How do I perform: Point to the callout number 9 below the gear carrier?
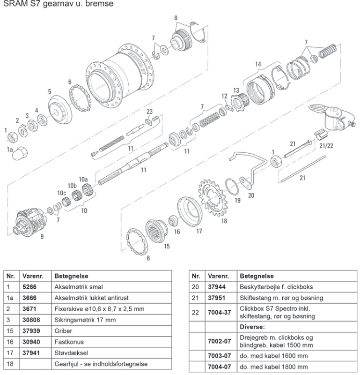point(42,237)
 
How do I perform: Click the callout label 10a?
point(83,179)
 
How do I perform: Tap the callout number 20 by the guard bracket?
point(251,195)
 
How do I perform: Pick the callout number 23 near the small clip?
point(149,112)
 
